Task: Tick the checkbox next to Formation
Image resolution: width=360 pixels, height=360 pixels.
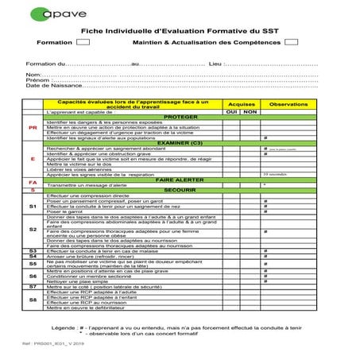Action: pos(83,42)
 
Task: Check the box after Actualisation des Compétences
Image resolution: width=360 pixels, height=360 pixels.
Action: pos(292,42)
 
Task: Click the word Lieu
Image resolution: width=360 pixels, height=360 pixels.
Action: pos(215,62)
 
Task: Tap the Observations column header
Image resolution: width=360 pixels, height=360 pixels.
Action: pos(288,105)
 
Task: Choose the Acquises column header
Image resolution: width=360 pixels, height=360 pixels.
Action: pos(241,105)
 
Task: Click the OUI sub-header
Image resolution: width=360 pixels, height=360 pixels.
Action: pos(231,112)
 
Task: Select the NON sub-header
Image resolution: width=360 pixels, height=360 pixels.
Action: pos(250,112)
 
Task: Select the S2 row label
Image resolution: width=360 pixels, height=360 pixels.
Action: pos(33,230)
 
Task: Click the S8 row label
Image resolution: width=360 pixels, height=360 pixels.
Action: pos(33,300)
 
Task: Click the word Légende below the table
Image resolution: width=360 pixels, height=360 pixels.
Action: pos(64,327)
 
